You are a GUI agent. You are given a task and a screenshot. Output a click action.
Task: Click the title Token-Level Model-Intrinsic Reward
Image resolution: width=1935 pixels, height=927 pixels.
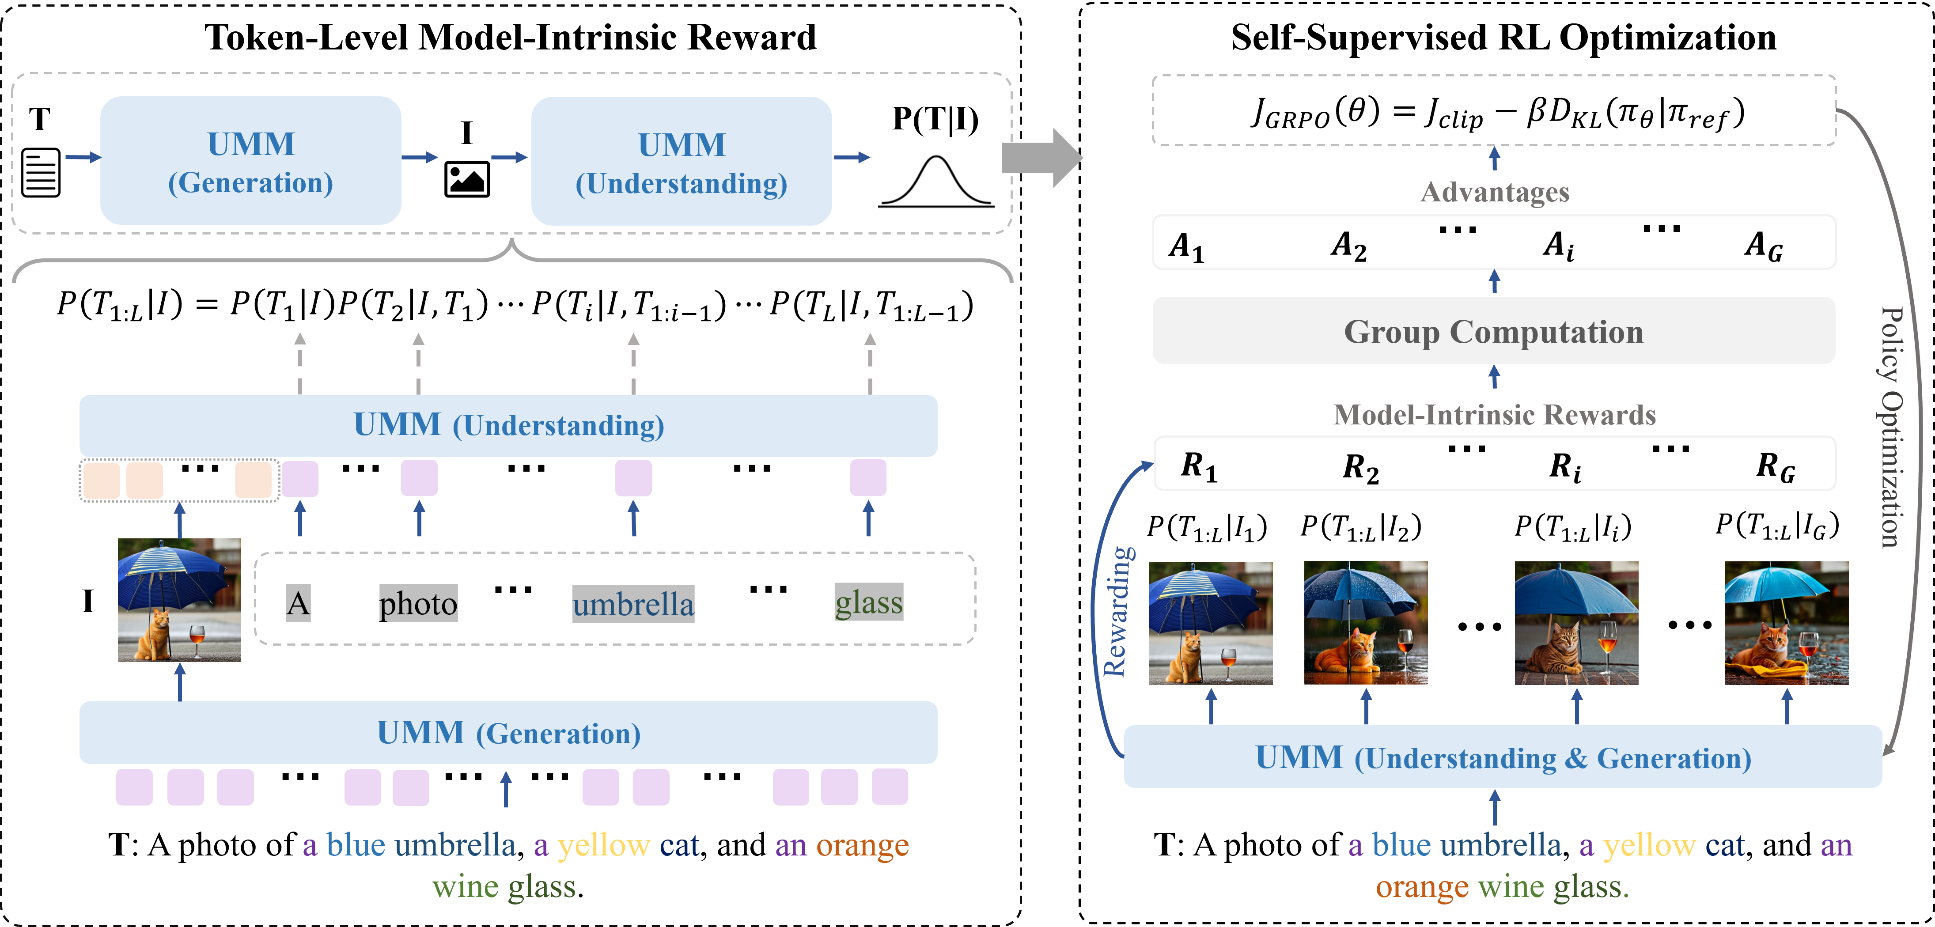pos(510,38)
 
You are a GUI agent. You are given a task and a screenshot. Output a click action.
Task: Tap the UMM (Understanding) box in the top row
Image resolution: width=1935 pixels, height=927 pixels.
pos(682,161)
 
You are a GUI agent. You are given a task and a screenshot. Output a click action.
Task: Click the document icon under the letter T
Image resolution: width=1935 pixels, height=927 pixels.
pos(41,173)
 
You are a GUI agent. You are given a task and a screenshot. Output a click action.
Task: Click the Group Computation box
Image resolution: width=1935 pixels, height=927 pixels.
pos(1493,331)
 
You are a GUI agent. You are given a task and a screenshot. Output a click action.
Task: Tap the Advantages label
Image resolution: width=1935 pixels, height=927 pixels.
pos(1495,192)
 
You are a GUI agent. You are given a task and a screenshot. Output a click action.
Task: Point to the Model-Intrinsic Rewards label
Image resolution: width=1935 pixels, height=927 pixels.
pos(1495,415)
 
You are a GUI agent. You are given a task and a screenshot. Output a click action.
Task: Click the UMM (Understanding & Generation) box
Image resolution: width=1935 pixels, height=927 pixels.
pos(1502,757)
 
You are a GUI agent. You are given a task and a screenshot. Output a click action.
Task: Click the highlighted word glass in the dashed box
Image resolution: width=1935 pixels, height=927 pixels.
pos(869,602)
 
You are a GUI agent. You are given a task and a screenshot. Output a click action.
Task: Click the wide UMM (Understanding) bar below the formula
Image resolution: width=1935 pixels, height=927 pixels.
pos(508,425)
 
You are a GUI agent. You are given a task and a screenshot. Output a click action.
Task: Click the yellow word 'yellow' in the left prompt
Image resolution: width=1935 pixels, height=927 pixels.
pos(603,846)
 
